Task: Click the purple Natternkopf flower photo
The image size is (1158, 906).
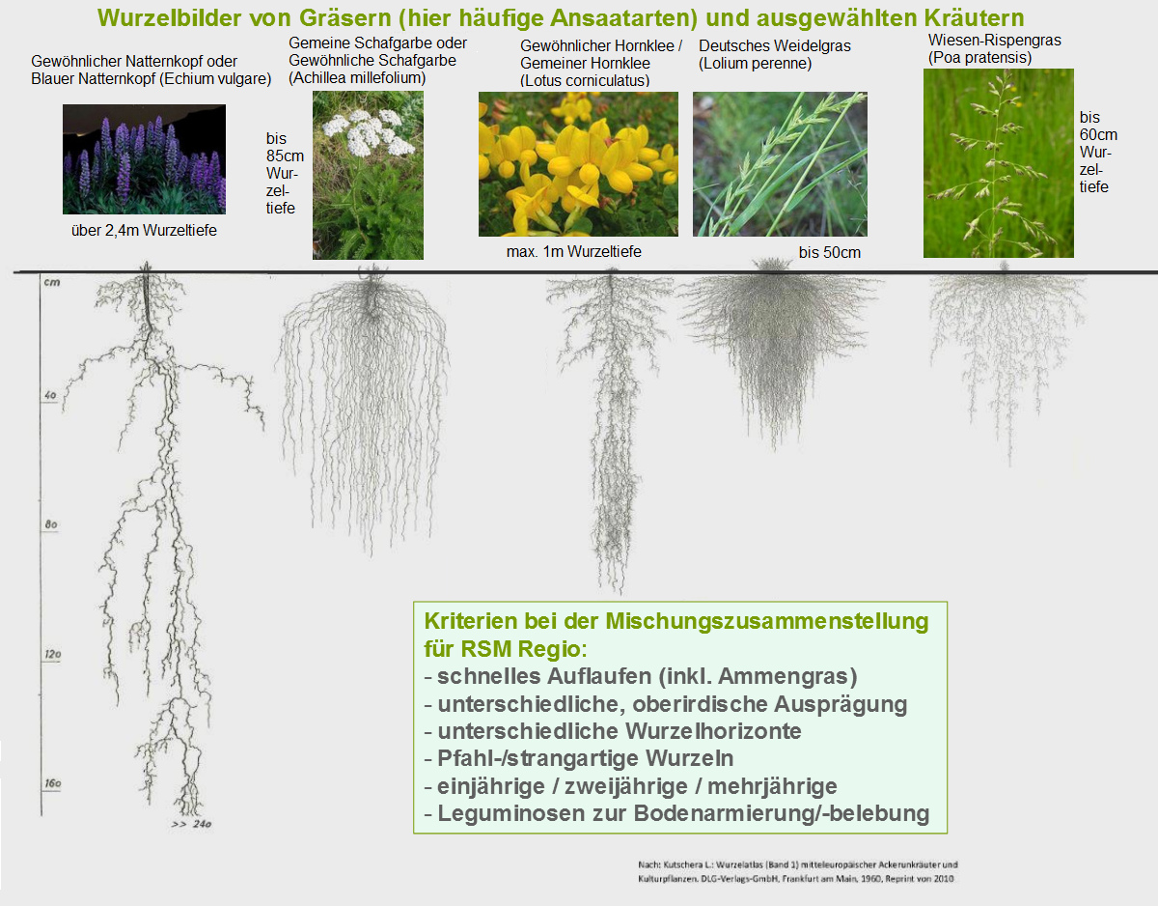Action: [144, 159]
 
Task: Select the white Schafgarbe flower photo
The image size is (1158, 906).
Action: [368, 175]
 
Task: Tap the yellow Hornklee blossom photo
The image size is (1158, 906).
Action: [578, 163]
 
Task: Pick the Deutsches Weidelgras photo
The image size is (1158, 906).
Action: [780, 163]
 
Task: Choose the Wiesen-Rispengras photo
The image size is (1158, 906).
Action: [999, 163]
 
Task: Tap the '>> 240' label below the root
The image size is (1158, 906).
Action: [191, 824]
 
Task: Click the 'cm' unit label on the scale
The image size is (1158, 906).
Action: [52, 282]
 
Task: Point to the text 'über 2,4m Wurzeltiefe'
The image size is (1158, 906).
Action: [144, 231]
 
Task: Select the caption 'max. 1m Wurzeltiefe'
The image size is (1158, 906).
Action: [574, 251]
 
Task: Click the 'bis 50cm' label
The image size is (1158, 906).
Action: [830, 252]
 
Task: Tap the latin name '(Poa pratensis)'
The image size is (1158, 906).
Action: [980, 58]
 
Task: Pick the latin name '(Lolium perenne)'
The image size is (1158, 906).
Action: [756, 64]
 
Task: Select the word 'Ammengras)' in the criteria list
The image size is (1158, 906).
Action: [787, 676]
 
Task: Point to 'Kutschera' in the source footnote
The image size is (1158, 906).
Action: [683, 864]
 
